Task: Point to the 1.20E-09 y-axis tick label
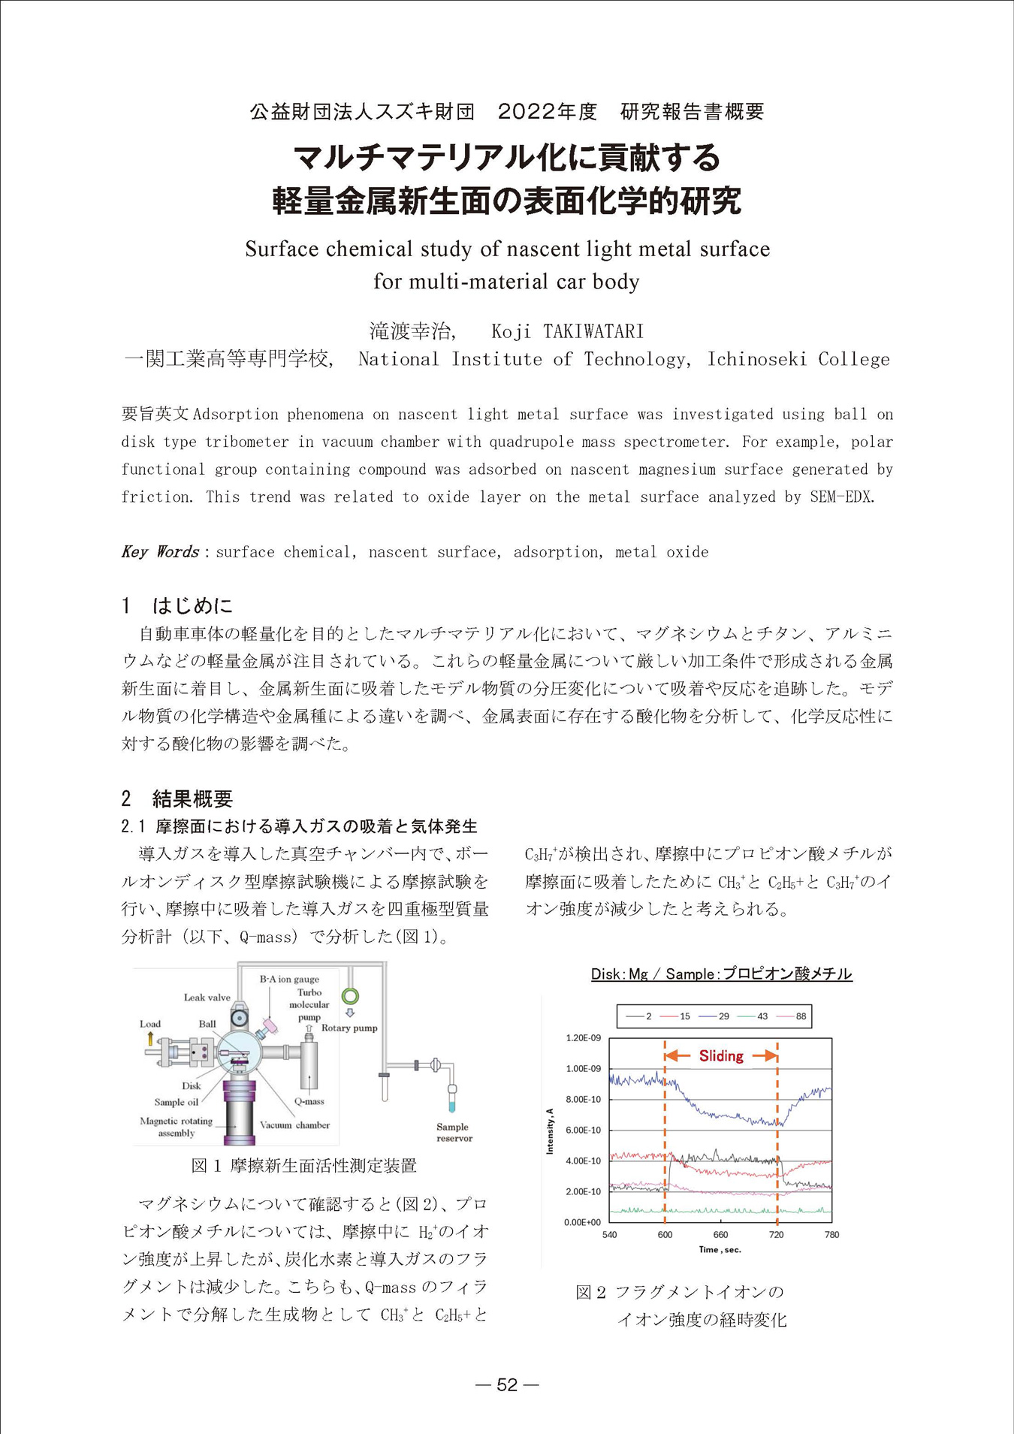coord(583,1038)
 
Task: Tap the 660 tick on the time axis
coord(720,1235)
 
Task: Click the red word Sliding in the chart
coord(721,1056)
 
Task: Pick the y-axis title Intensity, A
coord(550,1131)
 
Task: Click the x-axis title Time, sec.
coord(720,1249)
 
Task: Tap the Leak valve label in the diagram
coord(207,998)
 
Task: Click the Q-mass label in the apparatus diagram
coord(309,1101)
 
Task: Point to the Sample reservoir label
coord(454,1132)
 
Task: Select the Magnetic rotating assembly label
coord(176,1127)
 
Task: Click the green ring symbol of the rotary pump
coord(350,996)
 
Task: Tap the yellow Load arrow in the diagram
coord(150,1039)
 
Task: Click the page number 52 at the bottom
coord(508,1385)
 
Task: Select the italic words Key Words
coord(160,552)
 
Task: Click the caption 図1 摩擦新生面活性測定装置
coord(303,1166)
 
